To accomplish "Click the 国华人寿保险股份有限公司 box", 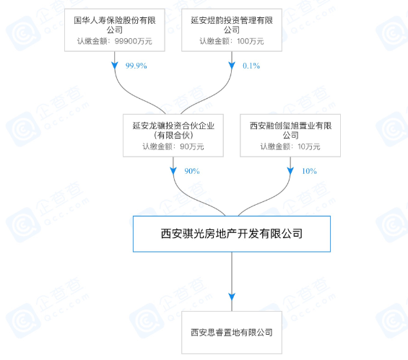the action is click(115, 30).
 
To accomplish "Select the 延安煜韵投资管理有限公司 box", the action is click(232, 30).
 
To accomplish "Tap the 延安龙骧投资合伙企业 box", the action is click(173, 136).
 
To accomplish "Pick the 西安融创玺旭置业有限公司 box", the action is click(290, 136).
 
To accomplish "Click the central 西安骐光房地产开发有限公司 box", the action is click(232, 234).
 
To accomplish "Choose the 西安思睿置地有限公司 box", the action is click(232, 333).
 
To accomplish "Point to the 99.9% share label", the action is click(136, 66).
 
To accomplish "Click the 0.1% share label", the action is click(251, 66).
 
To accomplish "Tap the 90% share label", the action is click(192, 171).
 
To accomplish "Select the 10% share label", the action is click(309, 171).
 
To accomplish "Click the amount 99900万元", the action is click(133, 41).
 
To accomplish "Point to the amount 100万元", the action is click(251, 41).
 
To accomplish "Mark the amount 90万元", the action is click(192, 146).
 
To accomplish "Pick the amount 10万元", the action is click(309, 146).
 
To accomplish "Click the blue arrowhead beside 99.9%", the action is click(115, 66).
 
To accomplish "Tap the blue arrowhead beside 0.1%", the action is click(232, 66).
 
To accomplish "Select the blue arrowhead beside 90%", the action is click(173, 171).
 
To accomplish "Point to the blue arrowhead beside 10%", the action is click(290, 171).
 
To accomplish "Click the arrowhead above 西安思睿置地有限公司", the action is click(232, 297).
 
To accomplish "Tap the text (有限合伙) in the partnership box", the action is click(173, 136).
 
